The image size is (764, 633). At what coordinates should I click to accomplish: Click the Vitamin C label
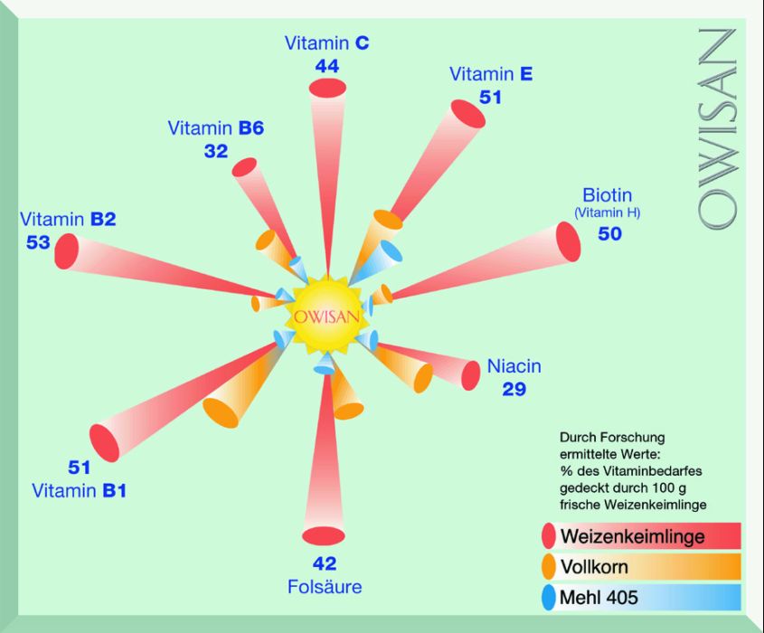pyautogui.click(x=326, y=43)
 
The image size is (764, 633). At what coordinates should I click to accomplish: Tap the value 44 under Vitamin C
pyautogui.click(x=327, y=66)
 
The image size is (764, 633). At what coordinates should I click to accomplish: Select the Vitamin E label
pyautogui.click(x=491, y=74)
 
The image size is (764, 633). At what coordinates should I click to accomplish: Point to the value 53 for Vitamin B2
pyautogui.click(x=38, y=242)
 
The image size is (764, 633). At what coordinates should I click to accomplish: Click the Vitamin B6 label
pyautogui.click(x=215, y=128)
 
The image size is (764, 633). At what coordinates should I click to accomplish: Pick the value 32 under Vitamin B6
pyautogui.click(x=216, y=151)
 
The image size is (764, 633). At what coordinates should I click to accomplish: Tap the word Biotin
pyautogui.click(x=607, y=195)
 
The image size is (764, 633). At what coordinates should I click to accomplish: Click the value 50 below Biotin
pyautogui.click(x=610, y=233)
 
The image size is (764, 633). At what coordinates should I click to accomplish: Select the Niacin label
pyautogui.click(x=514, y=366)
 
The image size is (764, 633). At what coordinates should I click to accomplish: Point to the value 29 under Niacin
pyautogui.click(x=514, y=390)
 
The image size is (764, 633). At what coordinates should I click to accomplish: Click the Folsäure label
pyautogui.click(x=325, y=587)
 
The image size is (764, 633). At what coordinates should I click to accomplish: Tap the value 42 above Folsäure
pyautogui.click(x=324, y=563)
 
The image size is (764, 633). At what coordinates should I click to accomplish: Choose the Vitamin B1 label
pyautogui.click(x=80, y=491)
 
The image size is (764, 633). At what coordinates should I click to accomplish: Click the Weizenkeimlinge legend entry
pyautogui.click(x=632, y=536)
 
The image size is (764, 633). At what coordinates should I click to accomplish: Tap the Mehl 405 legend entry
pyautogui.click(x=599, y=597)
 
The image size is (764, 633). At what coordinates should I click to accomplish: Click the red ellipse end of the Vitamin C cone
pyautogui.click(x=328, y=89)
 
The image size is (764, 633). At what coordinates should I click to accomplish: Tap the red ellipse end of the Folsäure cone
pyautogui.click(x=324, y=535)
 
